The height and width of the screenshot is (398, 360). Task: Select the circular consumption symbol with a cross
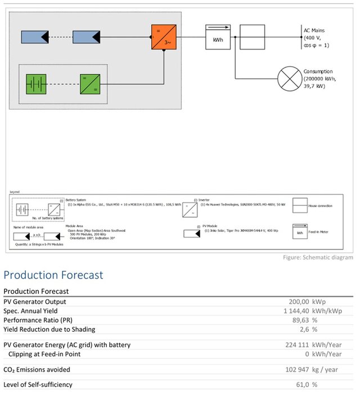pyautogui.click(x=291, y=79)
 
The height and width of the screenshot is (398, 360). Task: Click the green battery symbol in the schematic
pyautogui.click(x=35, y=83)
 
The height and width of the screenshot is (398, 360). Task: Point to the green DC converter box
pyautogui.click(x=90, y=83)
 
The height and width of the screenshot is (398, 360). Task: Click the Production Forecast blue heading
pyautogui.click(x=53, y=275)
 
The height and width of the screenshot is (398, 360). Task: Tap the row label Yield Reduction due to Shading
pyautogui.click(x=49, y=329)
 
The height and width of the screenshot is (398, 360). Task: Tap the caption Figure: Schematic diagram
pyautogui.click(x=318, y=257)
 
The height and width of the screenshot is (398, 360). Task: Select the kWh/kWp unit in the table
pyautogui.click(x=327, y=311)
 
